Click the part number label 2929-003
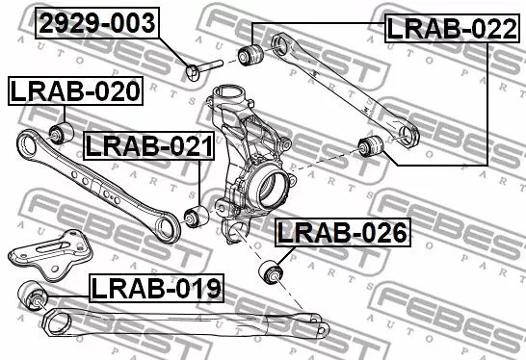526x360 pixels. click(x=96, y=24)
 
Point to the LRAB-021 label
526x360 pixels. click(x=147, y=146)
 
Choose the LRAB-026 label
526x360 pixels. click(x=342, y=232)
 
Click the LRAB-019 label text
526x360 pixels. click(x=156, y=286)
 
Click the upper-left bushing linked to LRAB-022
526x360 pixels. click(x=252, y=52)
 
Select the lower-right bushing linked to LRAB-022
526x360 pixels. click(x=370, y=146)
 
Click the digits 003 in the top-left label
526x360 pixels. click(x=132, y=24)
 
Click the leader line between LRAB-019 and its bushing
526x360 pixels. click(x=66, y=289)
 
